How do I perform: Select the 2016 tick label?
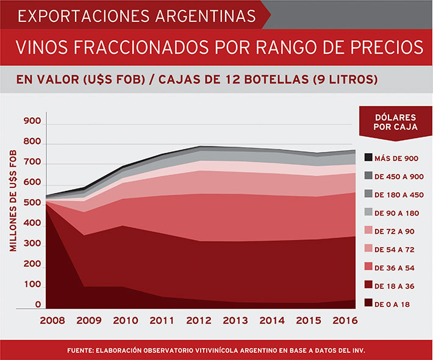click(345, 320)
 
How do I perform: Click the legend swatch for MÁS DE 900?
click(368, 158)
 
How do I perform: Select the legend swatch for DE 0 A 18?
click(368, 303)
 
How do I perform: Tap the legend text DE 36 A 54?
click(397, 267)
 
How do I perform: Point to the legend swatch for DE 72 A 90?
click(368, 231)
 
